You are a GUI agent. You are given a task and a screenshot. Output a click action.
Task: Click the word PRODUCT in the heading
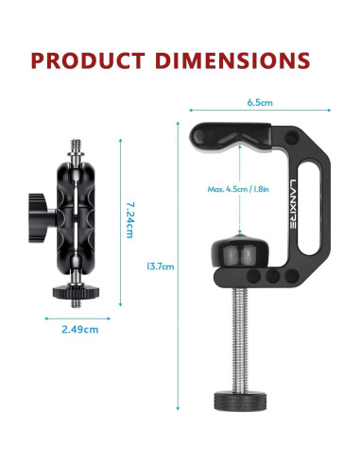point(88,60)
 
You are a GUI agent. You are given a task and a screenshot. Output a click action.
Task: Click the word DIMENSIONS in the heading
point(232,60)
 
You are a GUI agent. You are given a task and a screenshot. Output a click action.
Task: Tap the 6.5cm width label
point(260,102)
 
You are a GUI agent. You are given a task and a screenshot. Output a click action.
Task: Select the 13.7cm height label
point(161,267)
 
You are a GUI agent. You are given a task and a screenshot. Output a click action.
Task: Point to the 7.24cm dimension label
point(129,220)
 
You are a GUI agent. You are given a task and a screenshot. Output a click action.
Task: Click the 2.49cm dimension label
point(80,330)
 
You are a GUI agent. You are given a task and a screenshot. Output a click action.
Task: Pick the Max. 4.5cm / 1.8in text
point(238,189)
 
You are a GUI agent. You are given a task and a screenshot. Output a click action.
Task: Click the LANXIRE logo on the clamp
point(293,204)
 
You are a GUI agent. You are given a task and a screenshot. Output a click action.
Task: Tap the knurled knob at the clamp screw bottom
point(241,402)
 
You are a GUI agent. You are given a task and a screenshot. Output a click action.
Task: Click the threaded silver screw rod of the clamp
point(240,340)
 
